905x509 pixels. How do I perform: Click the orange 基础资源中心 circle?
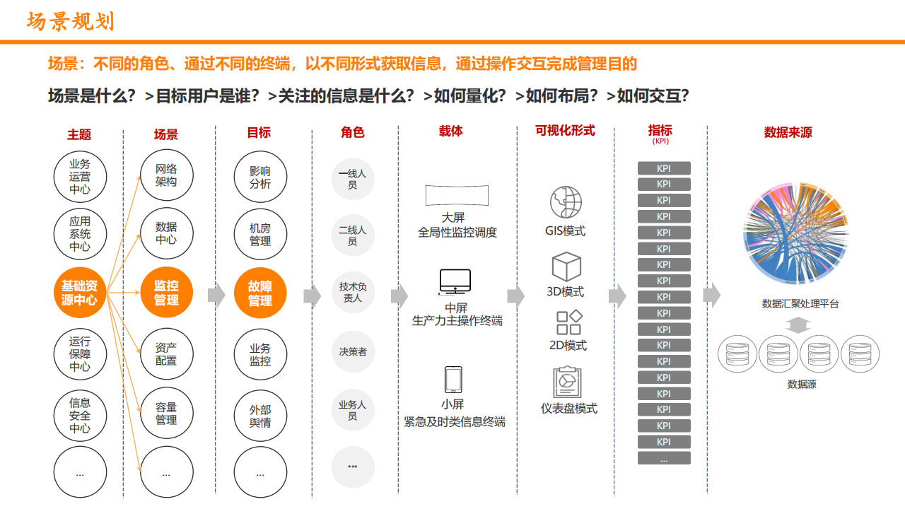(80, 293)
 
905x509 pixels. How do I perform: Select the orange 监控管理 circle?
(166, 293)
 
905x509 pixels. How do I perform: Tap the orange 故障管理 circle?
(260, 293)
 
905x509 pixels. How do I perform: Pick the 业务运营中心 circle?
(80, 177)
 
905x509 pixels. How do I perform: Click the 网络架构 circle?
(166, 175)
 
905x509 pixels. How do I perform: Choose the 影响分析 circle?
(260, 177)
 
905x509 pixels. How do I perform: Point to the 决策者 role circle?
(353, 351)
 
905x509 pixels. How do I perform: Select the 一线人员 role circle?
(353, 179)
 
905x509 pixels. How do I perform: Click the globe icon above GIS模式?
(566, 202)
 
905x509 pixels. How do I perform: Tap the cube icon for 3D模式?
(566, 267)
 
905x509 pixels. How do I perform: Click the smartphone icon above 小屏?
(453, 380)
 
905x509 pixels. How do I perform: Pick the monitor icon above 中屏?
(455, 281)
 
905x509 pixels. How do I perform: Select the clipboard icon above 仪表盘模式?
(567, 382)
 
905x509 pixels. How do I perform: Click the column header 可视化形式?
(565, 131)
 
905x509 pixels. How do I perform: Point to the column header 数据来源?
(788, 132)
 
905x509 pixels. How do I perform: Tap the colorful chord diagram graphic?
(796, 233)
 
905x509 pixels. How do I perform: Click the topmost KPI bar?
(664, 168)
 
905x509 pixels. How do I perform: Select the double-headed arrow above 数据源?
(798, 325)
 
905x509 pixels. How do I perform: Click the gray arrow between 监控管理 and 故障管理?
(216, 296)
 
